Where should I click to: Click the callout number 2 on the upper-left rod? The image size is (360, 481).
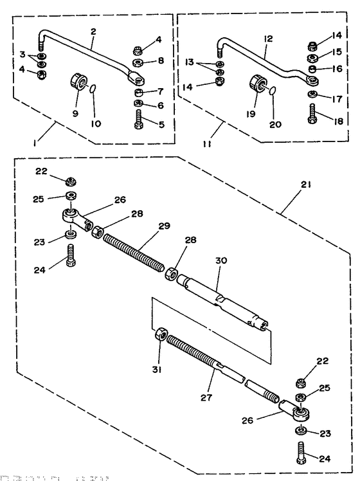(x=93, y=31)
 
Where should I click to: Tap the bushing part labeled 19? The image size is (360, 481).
(x=256, y=84)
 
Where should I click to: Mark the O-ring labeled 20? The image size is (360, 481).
(x=273, y=91)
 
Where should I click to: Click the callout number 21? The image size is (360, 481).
(x=305, y=184)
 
